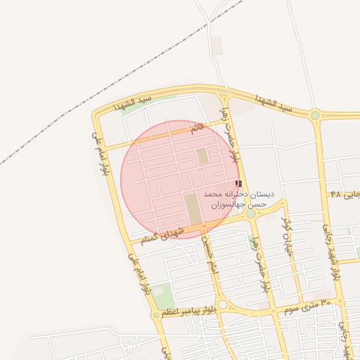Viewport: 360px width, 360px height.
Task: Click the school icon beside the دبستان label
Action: pos(238,184)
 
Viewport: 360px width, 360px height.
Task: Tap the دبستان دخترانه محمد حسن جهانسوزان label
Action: pos(239,198)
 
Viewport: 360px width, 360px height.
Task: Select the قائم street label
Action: pos(198,129)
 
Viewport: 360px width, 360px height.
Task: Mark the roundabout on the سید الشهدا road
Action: pos(315,115)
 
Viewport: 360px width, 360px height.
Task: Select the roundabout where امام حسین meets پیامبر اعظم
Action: pos(223,304)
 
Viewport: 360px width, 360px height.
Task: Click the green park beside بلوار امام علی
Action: pos(163,295)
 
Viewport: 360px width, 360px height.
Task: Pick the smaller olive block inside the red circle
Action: pos(203,155)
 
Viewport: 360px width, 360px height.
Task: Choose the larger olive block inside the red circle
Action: pos(193,209)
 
